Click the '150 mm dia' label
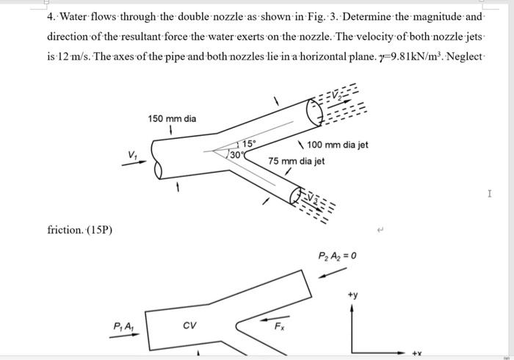(172, 119)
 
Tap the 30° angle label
(236, 154)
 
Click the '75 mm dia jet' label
(296, 161)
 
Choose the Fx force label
(280, 325)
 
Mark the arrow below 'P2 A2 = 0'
(332, 273)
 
